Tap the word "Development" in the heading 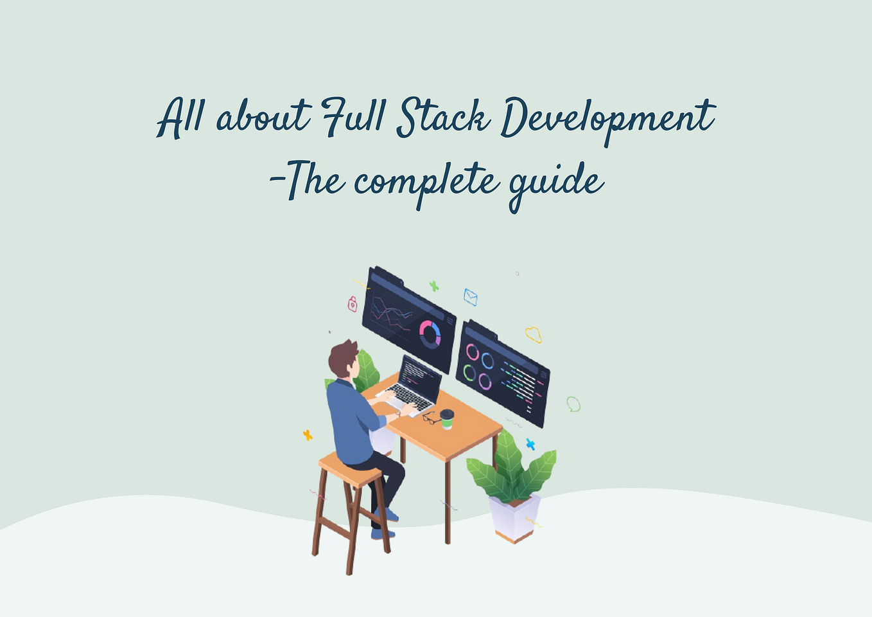pyautogui.click(x=607, y=119)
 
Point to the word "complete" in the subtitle pyautogui.click(x=426, y=182)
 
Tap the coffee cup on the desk pyautogui.click(x=447, y=418)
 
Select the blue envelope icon pyautogui.click(x=471, y=297)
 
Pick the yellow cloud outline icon pyautogui.click(x=533, y=334)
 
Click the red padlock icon pyautogui.click(x=353, y=304)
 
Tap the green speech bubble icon pyautogui.click(x=573, y=404)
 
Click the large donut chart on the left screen pyautogui.click(x=430, y=334)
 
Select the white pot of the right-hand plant pyautogui.click(x=514, y=518)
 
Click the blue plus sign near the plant pyautogui.click(x=530, y=443)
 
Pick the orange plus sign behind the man pyautogui.click(x=308, y=435)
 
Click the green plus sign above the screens pyautogui.click(x=434, y=286)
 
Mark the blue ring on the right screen pyautogui.click(x=487, y=361)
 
